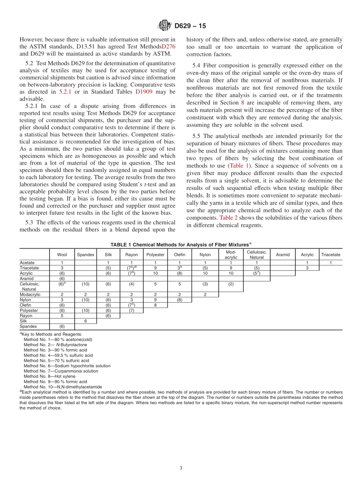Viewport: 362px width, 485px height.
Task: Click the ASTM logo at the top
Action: tap(165, 26)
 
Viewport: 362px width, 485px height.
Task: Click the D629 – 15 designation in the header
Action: tap(191, 26)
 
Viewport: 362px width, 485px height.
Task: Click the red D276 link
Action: tap(168, 46)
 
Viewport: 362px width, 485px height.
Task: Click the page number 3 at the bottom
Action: tap(181, 468)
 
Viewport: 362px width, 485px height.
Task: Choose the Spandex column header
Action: tap(85, 255)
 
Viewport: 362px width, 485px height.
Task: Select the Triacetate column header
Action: tap(330, 255)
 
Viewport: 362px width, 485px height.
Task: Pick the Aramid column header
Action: tap(282, 255)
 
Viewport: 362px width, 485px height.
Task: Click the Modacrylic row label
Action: tap(30, 294)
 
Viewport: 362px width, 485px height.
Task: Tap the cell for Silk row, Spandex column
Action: tap(85, 321)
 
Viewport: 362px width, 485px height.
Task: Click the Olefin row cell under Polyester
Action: tap(155, 305)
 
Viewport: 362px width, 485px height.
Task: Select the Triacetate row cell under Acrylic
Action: tap(307, 268)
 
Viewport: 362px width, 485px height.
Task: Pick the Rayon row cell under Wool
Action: tap(62, 316)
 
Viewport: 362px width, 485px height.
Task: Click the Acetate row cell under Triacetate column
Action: tap(330, 263)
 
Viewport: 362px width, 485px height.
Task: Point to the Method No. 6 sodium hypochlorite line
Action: tap(67, 366)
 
